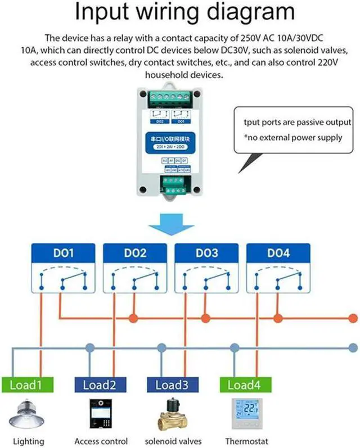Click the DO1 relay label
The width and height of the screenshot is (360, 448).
coord(63,254)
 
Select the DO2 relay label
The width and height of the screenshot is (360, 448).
coord(135,254)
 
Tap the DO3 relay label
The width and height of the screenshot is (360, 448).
coord(206,254)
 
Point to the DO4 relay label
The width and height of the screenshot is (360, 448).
coord(278,254)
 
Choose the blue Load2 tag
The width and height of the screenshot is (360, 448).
coord(100,385)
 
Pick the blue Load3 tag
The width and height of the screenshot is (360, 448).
coord(171,385)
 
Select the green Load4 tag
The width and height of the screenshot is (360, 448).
coord(243,385)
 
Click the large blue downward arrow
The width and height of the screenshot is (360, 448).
coord(170,224)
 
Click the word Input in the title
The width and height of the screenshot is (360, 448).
coord(100,13)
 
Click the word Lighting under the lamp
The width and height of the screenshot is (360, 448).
coord(28,441)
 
